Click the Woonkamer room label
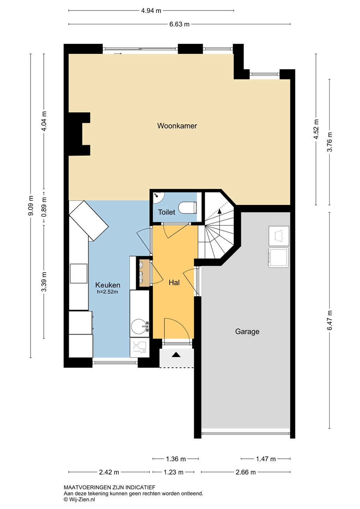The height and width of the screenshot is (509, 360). tap(177, 126)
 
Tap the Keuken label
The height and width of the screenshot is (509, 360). tap(108, 285)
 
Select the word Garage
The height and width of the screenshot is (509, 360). tap(247, 332)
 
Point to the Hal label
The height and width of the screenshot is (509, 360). tap(174, 282)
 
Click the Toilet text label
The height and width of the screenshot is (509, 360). tap(166, 212)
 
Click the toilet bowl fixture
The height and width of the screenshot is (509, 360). tap(187, 208)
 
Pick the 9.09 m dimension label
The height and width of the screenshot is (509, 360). tap(31, 205)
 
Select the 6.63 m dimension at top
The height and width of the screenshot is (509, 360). tap(179, 24)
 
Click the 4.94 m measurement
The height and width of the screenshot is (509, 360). tap(151, 11)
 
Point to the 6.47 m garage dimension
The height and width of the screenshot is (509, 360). tap(330, 320)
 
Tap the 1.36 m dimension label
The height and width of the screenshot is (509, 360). tap(176, 459)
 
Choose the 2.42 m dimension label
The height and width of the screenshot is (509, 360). tap(109, 472)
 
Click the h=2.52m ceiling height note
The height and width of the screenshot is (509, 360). tap(107, 292)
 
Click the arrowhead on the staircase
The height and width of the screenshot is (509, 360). tap(219, 211)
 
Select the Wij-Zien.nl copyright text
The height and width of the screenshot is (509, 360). tap(79, 499)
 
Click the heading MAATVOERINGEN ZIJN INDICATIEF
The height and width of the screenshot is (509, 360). tap(110, 487)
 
